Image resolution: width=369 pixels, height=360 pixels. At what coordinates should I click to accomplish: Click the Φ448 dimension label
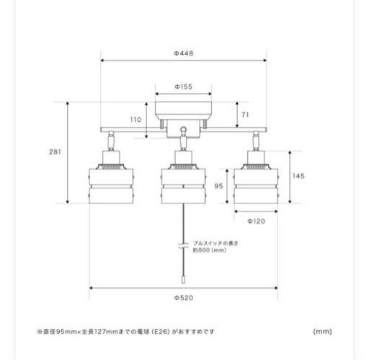click(184, 53)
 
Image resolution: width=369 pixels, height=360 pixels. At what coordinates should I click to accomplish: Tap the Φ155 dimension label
click(184, 87)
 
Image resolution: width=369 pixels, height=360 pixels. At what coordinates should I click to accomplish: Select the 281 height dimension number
click(55, 152)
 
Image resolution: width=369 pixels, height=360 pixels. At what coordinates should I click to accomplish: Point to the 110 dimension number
click(135, 119)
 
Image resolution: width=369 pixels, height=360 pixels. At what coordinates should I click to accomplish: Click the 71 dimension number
click(245, 115)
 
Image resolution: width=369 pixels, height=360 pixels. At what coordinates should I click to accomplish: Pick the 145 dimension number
click(298, 176)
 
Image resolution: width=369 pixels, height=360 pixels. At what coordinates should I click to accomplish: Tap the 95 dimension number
click(218, 186)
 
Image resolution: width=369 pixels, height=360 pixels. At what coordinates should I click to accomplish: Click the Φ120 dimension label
click(257, 221)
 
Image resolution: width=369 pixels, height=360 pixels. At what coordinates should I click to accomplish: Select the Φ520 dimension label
click(184, 298)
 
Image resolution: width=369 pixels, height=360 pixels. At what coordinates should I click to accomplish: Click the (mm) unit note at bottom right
click(322, 331)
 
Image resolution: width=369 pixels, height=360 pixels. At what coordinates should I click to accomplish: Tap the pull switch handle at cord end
click(183, 280)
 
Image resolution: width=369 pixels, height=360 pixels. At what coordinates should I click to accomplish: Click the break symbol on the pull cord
click(183, 245)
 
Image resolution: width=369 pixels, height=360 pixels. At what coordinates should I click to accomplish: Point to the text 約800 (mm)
click(210, 250)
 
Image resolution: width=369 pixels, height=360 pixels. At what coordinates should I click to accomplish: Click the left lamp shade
click(111, 186)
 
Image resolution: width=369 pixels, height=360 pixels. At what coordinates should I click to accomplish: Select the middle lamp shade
click(184, 186)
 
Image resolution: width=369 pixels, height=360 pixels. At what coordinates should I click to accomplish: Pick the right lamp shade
click(256, 186)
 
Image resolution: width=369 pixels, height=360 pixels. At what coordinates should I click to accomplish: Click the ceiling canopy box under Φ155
click(184, 110)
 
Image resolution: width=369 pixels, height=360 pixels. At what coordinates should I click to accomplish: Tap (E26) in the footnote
click(161, 332)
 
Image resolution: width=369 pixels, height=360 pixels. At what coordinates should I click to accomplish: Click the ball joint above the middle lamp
click(183, 130)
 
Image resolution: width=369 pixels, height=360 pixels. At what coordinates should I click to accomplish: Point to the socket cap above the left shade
click(111, 157)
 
